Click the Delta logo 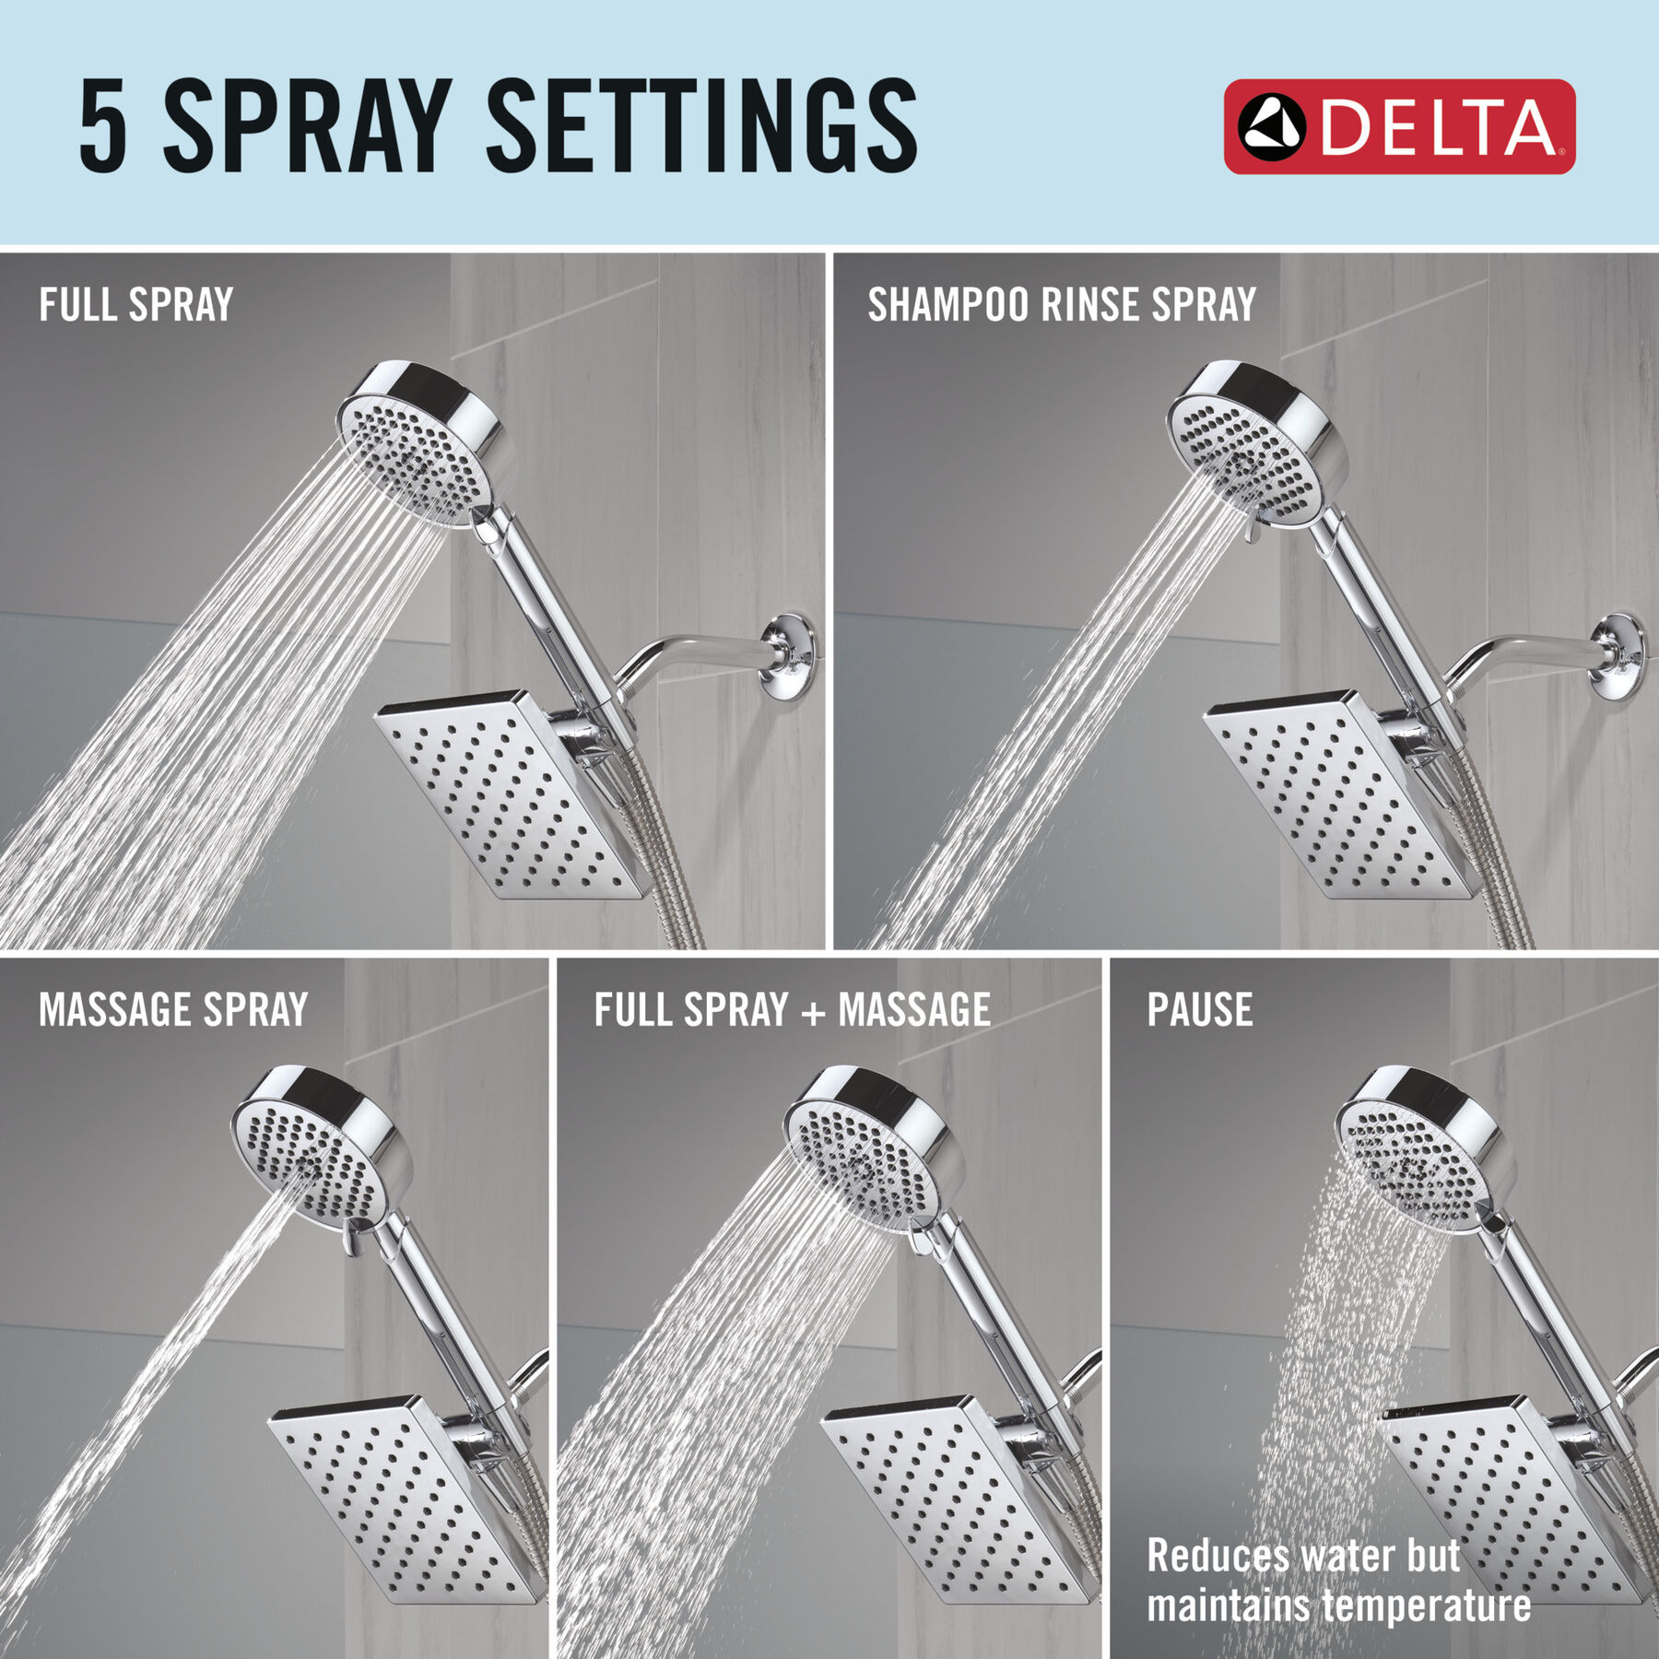pyautogui.click(x=1399, y=126)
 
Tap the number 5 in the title pyautogui.click(x=102, y=125)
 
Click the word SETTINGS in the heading pyautogui.click(x=701, y=125)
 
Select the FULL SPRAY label pyautogui.click(x=136, y=305)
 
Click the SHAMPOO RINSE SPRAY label pyautogui.click(x=1062, y=305)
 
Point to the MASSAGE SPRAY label pyautogui.click(x=173, y=1009)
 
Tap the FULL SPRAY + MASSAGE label pyautogui.click(x=793, y=1009)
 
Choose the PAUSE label pyautogui.click(x=1200, y=1009)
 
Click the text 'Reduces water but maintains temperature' pyautogui.click(x=1339, y=1580)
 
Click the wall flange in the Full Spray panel pyautogui.click(x=788, y=660)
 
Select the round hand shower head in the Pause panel pyautogui.click(x=1425, y=1147)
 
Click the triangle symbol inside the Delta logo pyautogui.click(x=1272, y=127)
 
